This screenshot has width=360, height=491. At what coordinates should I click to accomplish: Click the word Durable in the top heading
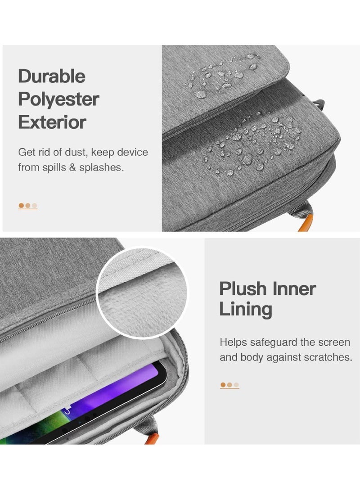pyautogui.click(x=52, y=76)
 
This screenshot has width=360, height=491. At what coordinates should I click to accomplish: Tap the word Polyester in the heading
pyautogui.click(x=58, y=99)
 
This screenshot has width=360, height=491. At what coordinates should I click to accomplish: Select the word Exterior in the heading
pyautogui.click(x=52, y=122)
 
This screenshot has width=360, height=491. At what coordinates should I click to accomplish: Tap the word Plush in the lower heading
pyautogui.click(x=243, y=288)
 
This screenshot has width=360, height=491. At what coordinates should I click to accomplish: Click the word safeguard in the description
pyautogui.click(x=274, y=342)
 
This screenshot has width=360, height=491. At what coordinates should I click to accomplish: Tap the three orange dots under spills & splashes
pyautogui.click(x=28, y=206)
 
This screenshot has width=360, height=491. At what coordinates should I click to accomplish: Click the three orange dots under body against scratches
pyautogui.click(x=229, y=385)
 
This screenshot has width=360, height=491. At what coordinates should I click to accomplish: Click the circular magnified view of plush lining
pyautogui.click(x=143, y=293)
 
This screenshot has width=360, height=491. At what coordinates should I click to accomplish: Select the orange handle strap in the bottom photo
pyautogui.click(x=152, y=439)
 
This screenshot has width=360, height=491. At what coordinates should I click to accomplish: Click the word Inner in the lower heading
pyautogui.click(x=294, y=288)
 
